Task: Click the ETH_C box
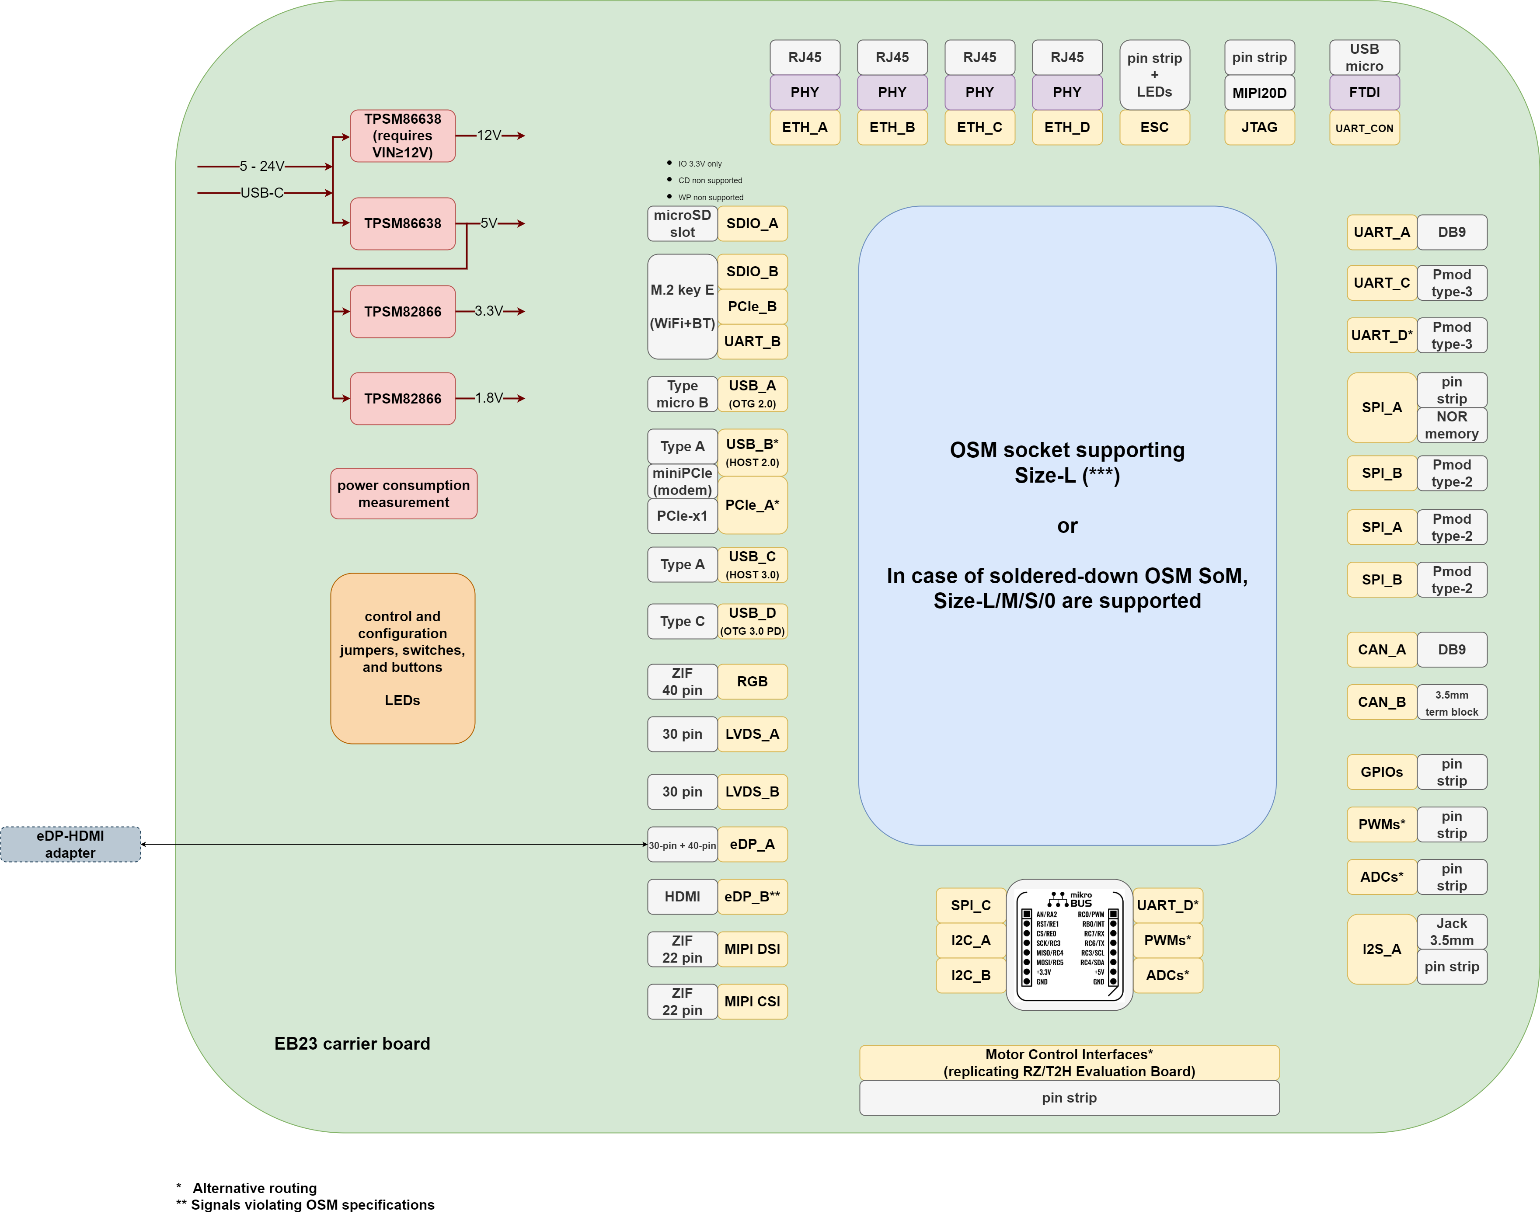pos(979,127)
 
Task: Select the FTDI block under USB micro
pos(1364,92)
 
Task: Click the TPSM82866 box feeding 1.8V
pos(402,399)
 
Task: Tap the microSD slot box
pos(682,223)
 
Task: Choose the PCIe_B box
pos(752,306)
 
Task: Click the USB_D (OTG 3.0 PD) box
pos(752,621)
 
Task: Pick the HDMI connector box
pos(682,896)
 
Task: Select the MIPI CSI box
pos(752,1002)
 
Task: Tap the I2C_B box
pos(971,975)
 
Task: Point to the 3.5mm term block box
pos(1451,702)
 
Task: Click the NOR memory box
pos(1451,425)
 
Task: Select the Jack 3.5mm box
pos(1451,931)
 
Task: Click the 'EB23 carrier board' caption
pos(352,1044)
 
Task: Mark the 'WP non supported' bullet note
pos(710,198)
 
